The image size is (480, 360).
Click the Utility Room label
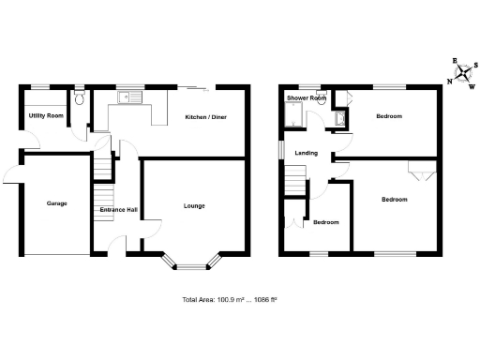[46, 115]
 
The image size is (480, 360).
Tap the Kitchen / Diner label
[205, 117]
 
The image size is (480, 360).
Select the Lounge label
[194, 205]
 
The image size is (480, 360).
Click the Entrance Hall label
[118, 210]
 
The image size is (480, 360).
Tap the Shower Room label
[307, 98]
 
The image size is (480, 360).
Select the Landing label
[306, 153]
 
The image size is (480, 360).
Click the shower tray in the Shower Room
[295, 115]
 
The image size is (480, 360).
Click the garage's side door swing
[13, 172]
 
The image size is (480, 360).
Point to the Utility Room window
[42, 87]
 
